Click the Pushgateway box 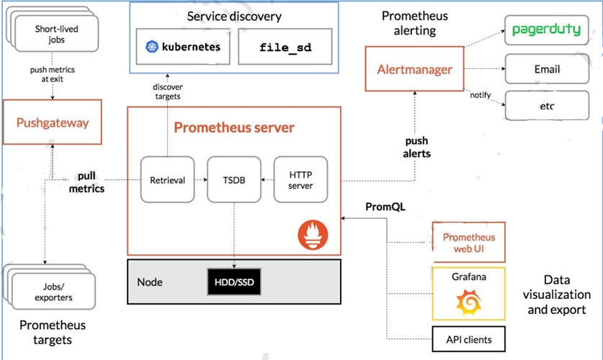(x=53, y=122)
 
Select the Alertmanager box (x=414, y=69)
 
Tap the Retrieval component (x=167, y=179)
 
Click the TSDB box (x=234, y=179)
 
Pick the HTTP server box (x=300, y=179)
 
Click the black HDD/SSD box (x=234, y=282)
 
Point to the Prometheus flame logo (x=313, y=235)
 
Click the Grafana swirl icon (x=468, y=302)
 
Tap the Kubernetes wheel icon (x=152, y=47)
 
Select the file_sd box (x=285, y=47)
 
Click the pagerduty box (x=547, y=30)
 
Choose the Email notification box (x=547, y=69)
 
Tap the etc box (x=547, y=106)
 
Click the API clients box (x=469, y=339)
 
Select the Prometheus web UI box (x=469, y=243)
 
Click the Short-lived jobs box (x=56, y=34)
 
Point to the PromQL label (x=385, y=207)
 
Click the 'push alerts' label (x=416, y=147)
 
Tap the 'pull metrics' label (x=86, y=182)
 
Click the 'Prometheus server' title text (x=234, y=127)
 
